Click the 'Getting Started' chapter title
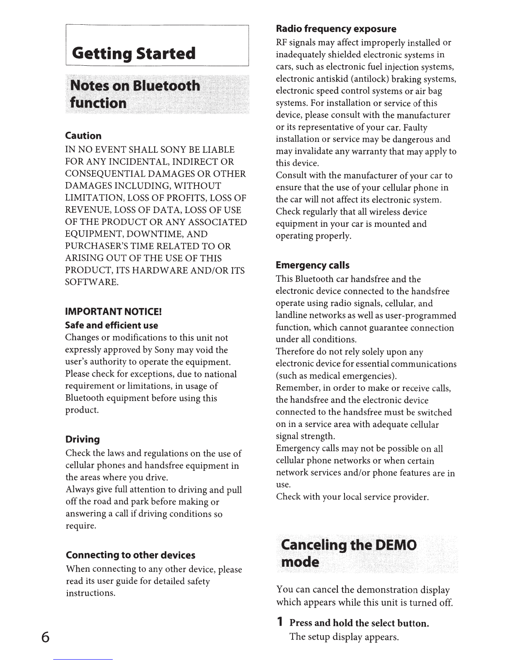(134, 54)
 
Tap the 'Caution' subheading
(83, 136)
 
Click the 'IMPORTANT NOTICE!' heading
(113, 312)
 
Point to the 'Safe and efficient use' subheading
(112, 325)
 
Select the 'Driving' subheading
(83, 439)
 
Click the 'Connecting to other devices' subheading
(130, 555)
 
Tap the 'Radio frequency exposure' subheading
(336, 29)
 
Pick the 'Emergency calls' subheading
(312, 265)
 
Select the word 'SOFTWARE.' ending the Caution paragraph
(92, 282)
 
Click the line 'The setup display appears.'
(344, 637)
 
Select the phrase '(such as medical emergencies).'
(337, 375)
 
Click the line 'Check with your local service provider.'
(352, 497)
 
